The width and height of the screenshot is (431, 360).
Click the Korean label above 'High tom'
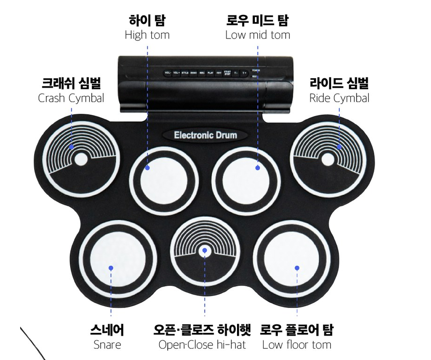[147, 21]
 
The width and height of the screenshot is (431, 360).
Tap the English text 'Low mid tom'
[257, 35]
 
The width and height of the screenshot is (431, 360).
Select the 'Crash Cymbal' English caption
[71, 98]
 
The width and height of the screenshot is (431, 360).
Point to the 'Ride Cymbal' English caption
[339, 98]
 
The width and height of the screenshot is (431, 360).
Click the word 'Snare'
[107, 345]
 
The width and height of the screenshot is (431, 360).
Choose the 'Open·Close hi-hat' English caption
[202, 345]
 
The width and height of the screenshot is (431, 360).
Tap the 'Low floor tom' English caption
[297, 345]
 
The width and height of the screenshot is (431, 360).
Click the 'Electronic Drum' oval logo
[206, 135]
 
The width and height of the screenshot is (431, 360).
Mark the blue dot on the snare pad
[111, 268]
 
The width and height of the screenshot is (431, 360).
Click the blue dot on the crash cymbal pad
[71, 147]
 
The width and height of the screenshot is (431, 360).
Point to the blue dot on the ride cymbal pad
[339, 147]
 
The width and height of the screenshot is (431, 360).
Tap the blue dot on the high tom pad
[147, 167]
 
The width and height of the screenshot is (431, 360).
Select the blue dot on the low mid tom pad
[257, 167]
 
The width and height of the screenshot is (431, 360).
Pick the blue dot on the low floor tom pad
[297, 268]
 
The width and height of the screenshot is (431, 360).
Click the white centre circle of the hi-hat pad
[204, 251]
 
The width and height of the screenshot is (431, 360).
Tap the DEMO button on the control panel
[193, 73]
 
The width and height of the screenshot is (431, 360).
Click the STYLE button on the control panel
[185, 73]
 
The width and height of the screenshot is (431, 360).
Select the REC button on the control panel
[202, 73]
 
